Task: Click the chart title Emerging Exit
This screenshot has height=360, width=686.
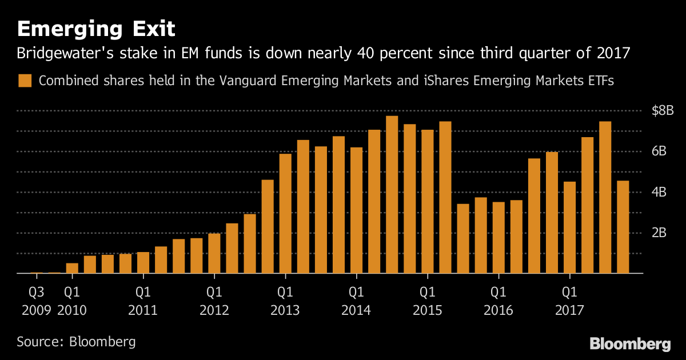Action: click(95, 28)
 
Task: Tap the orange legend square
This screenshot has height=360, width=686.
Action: click(25, 81)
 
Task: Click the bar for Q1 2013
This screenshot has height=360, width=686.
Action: click(285, 214)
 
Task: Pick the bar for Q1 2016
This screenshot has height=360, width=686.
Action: click(498, 238)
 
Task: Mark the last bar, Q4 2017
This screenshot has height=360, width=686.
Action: click(623, 227)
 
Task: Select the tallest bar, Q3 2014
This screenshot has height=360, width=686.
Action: click(392, 195)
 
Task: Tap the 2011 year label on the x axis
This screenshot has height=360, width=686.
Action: click(143, 310)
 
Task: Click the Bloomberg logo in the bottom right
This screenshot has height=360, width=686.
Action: click(630, 343)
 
